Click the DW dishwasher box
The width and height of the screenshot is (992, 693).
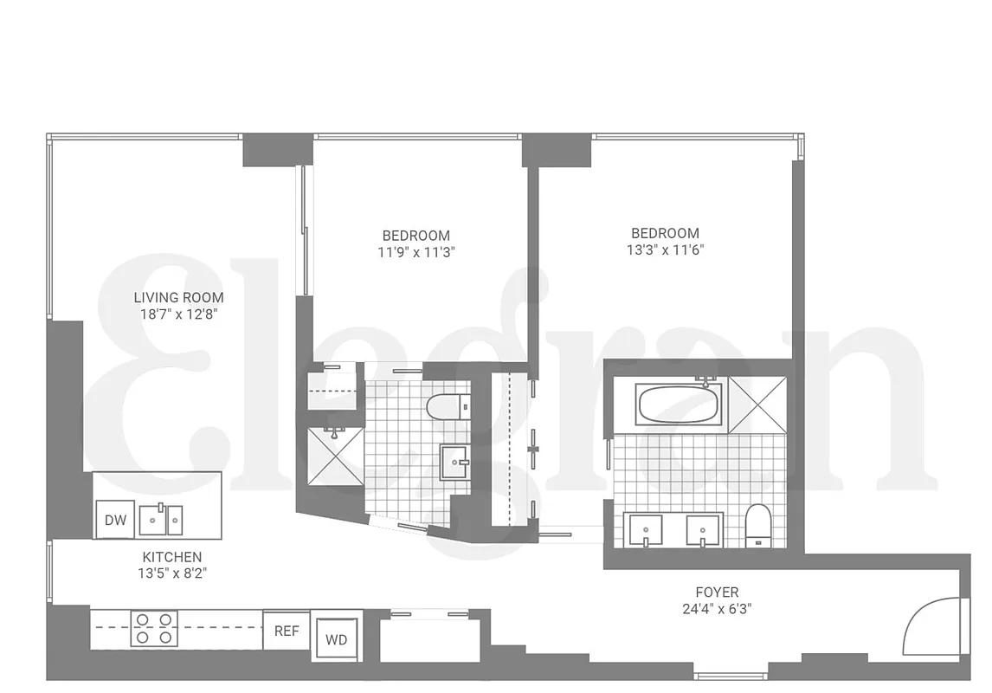pyautogui.click(x=115, y=519)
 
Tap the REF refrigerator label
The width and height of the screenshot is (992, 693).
pyautogui.click(x=287, y=631)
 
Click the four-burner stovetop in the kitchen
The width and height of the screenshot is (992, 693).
pyautogui.click(x=154, y=628)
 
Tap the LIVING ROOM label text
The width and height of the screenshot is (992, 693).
pyautogui.click(x=178, y=298)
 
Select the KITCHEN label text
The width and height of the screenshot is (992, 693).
pyautogui.click(x=172, y=557)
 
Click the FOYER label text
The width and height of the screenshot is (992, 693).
pyautogui.click(x=717, y=593)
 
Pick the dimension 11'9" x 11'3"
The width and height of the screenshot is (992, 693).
pyautogui.click(x=415, y=252)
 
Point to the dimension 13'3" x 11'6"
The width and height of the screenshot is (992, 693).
pyautogui.click(x=665, y=249)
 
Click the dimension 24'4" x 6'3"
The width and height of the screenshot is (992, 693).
pyautogui.click(x=717, y=608)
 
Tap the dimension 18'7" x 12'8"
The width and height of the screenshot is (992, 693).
pyautogui.click(x=178, y=314)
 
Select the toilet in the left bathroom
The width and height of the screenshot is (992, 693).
pyautogui.click(x=449, y=405)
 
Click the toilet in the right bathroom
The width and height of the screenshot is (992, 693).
pyautogui.click(x=757, y=525)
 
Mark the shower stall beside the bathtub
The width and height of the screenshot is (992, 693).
pyautogui.click(x=757, y=405)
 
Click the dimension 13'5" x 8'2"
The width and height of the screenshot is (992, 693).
pyautogui.click(x=172, y=573)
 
